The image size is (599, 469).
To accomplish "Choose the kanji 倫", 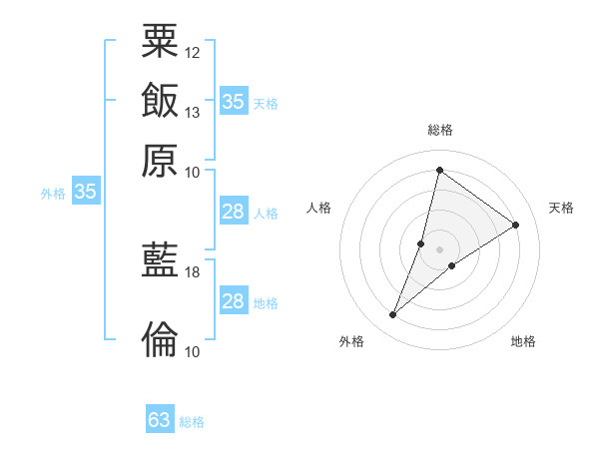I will coord(160,338).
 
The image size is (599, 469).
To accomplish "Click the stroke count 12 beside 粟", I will coord(193,52).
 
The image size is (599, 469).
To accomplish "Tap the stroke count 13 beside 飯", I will coord(193,112).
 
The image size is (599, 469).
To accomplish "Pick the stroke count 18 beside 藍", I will coord(193,271).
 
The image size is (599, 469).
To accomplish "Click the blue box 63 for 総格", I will coord(160,420).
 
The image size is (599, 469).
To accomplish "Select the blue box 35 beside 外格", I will coord(85,193).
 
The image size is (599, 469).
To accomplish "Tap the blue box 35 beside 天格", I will coord(234,102).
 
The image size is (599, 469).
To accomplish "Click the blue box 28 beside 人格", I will coord(234,212).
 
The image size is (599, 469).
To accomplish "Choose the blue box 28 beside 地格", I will coord(234,301).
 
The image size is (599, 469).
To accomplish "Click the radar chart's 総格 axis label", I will coord(439,130).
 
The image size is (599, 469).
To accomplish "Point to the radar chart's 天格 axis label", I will coord(561,208).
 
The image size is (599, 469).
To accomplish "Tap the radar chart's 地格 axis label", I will coord(523,341).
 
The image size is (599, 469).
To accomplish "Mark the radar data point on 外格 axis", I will coord(393,315).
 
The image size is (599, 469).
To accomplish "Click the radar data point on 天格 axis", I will coord(516,225).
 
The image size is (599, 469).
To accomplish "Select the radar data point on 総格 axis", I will coord(439,170).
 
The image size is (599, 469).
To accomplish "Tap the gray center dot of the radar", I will coord(439,249).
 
